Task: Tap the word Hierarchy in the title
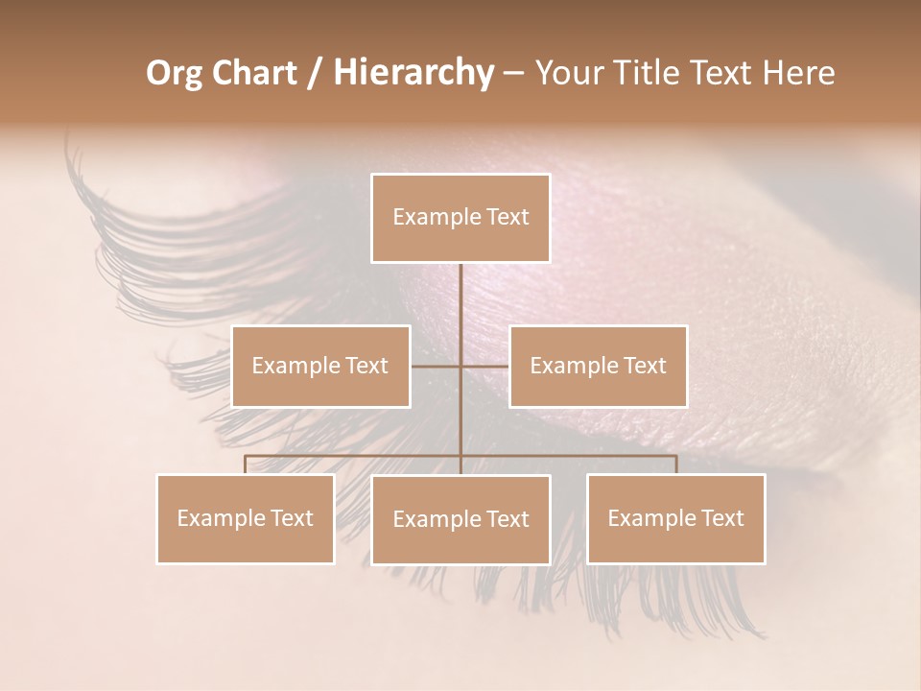412,73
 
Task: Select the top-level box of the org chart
460,218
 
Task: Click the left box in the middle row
320,366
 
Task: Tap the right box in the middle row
598,366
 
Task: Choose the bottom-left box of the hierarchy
245,518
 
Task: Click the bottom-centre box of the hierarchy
460,519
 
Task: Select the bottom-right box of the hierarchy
676,518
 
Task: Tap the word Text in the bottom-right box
721,518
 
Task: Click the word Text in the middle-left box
366,366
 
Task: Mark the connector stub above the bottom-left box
245,465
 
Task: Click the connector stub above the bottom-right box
676,465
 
